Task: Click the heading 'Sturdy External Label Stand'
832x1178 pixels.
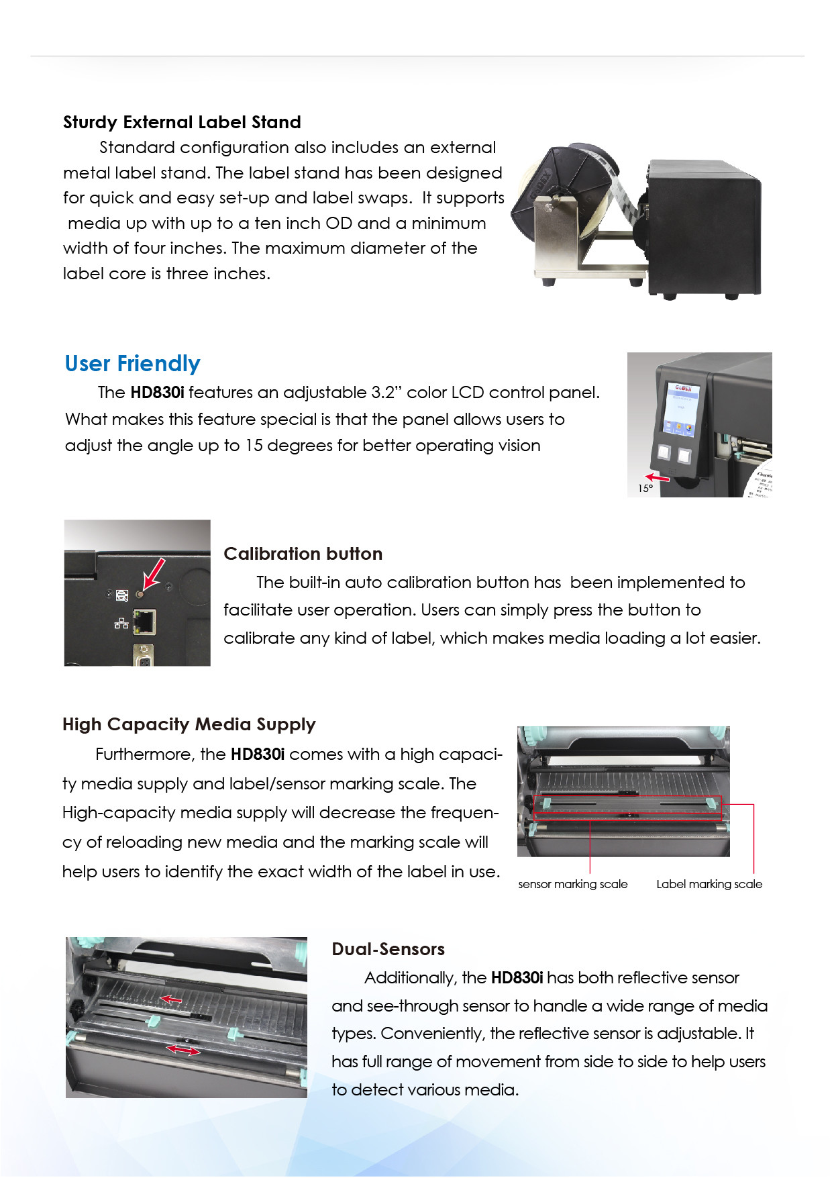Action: [x=182, y=122]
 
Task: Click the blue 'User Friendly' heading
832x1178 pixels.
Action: [x=132, y=364]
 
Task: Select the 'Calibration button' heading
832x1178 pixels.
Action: [x=303, y=554]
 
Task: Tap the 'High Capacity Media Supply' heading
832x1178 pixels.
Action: [x=189, y=725]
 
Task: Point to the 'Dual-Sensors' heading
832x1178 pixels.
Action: [x=388, y=949]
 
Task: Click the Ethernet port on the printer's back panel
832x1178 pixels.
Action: [x=145, y=622]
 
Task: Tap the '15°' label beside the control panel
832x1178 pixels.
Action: [x=645, y=489]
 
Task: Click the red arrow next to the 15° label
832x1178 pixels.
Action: [x=658, y=478]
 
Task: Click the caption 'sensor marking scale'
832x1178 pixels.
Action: [x=573, y=884]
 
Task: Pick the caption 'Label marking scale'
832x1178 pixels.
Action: [x=709, y=884]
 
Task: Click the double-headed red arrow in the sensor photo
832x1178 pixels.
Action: [x=184, y=1050]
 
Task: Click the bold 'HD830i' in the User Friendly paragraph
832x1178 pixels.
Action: [x=157, y=392]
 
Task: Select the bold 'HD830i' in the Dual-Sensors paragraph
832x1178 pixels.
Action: [x=517, y=978]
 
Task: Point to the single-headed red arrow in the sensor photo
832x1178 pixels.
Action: [x=170, y=1000]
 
